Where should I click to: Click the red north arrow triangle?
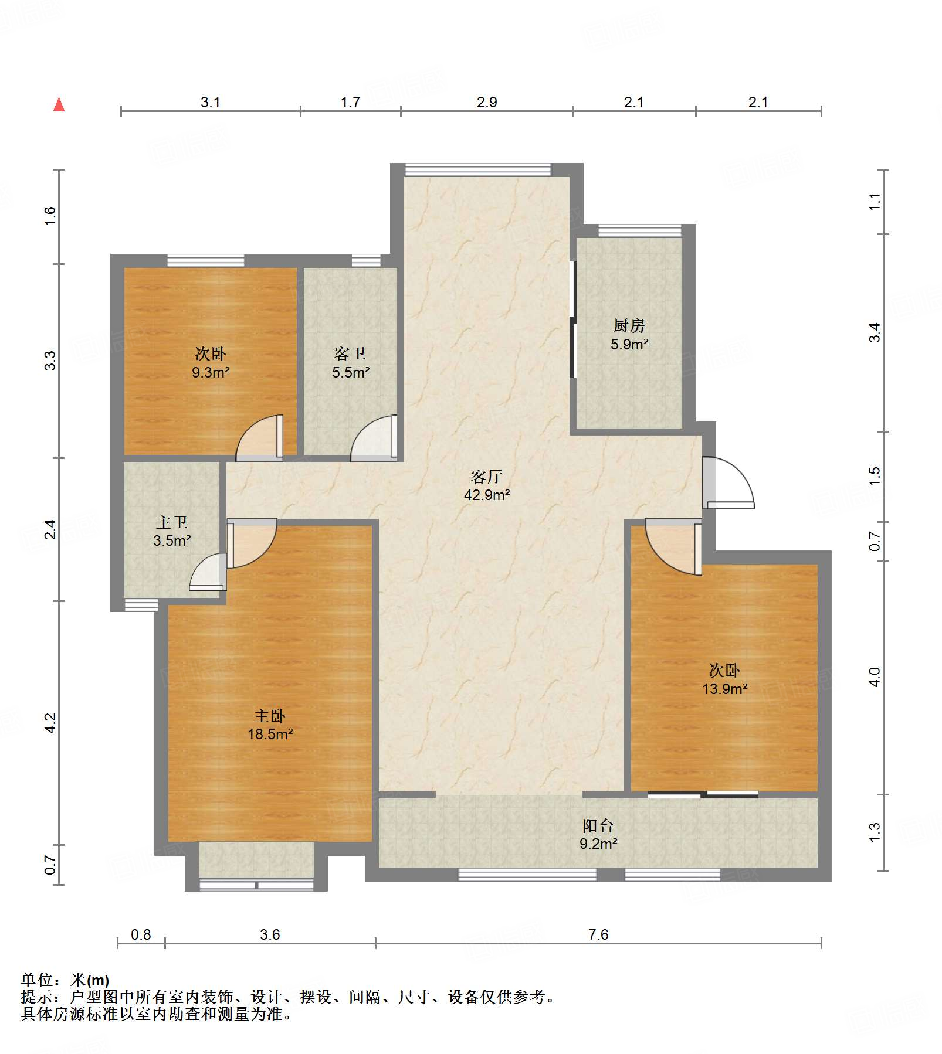pyautogui.click(x=59, y=104)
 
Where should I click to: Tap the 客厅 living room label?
pyautogui.click(x=487, y=477)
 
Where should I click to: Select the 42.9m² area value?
pyautogui.click(x=487, y=495)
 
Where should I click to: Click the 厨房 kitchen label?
pyautogui.click(x=629, y=325)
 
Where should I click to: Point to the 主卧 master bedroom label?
pyautogui.click(x=270, y=716)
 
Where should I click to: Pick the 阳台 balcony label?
pyautogui.click(x=598, y=825)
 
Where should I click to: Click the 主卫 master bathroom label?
pyautogui.click(x=172, y=522)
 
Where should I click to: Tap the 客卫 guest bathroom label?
pyautogui.click(x=350, y=353)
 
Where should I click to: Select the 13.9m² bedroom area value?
pyautogui.click(x=725, y=689)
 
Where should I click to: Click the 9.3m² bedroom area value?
pyautogui.click(x=211, y=372)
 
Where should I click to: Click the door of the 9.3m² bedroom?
pyautogui.click(x=260, y=437)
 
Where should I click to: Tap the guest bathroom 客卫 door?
pyautogui.click(x=374, y=437)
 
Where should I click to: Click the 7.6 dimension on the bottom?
pyautogui.click(x=598, y=934)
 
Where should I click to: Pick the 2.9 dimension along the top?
pyautogui.click(x=487, y=102)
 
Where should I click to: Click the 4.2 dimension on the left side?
pyautogui.click(x=50, y=723)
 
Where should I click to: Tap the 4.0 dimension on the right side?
pyautogui.click(x=875, y=678)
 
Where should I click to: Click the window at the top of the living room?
pyautogui.click(x=478, y=169)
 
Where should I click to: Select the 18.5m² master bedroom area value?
pyautogui.click(x=270, y=734)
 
